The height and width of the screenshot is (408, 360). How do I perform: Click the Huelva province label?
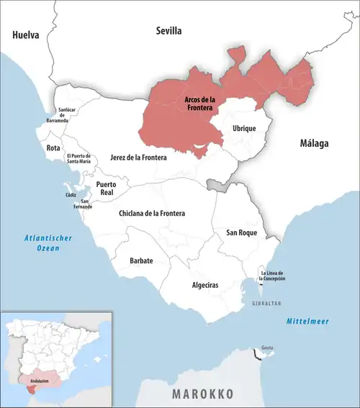click(25, 34)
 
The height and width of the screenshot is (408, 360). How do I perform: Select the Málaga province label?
click(314, 143)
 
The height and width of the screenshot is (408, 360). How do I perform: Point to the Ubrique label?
click(244, 127)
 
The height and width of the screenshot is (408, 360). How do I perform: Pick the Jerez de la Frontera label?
click(138, 157)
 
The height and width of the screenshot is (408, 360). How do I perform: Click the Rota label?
click(53, 148)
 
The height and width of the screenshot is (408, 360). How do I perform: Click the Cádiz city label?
click(70, 194)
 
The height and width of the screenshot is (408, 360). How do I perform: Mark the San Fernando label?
click(86, 204)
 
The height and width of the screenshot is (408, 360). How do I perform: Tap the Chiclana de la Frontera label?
click(151, 214)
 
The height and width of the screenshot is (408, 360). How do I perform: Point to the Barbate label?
click(141, 260)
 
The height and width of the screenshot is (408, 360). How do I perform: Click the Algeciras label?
click(205, 286)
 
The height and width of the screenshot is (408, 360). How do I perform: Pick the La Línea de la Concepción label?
click(278, 275)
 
